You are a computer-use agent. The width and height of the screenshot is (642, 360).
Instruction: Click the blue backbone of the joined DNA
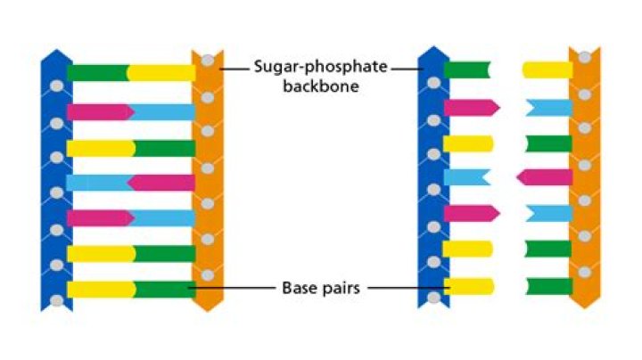coord(54,178)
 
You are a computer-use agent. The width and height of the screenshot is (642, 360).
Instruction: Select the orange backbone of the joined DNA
coord(207,178)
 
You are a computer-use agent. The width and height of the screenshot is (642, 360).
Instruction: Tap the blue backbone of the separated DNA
coord(432,178)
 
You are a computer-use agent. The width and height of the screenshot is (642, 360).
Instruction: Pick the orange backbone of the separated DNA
coord(585,178)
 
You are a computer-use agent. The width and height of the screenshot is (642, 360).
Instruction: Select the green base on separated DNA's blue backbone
coord(465,70)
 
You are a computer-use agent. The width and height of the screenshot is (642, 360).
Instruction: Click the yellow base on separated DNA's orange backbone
coord(546,70)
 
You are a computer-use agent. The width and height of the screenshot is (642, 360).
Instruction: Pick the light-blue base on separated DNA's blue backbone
coord(465,177)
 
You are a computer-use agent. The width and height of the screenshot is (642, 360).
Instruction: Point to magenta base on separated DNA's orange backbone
coord(546,177)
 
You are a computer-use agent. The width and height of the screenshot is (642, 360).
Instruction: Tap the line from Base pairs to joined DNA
coord(232,288)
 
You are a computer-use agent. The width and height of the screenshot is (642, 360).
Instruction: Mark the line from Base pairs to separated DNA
coord(406,288)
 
